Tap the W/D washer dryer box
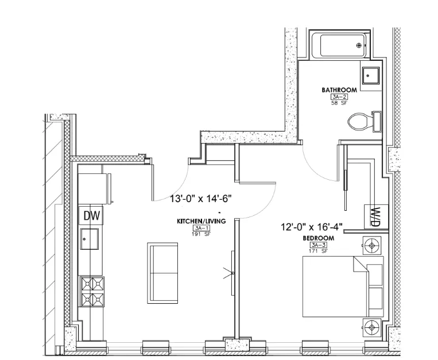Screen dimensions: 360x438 tap(376, 217)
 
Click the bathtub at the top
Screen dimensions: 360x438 tap(339, 45)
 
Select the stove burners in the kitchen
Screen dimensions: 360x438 tap(93, 292)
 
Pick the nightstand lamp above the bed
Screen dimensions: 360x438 tap(371, 246)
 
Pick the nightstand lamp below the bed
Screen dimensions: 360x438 tap(371, 327)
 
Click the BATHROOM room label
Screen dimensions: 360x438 tap(339, 90)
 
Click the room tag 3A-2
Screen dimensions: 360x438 tap(339, 98)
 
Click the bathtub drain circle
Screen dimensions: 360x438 tap(359, 45)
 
